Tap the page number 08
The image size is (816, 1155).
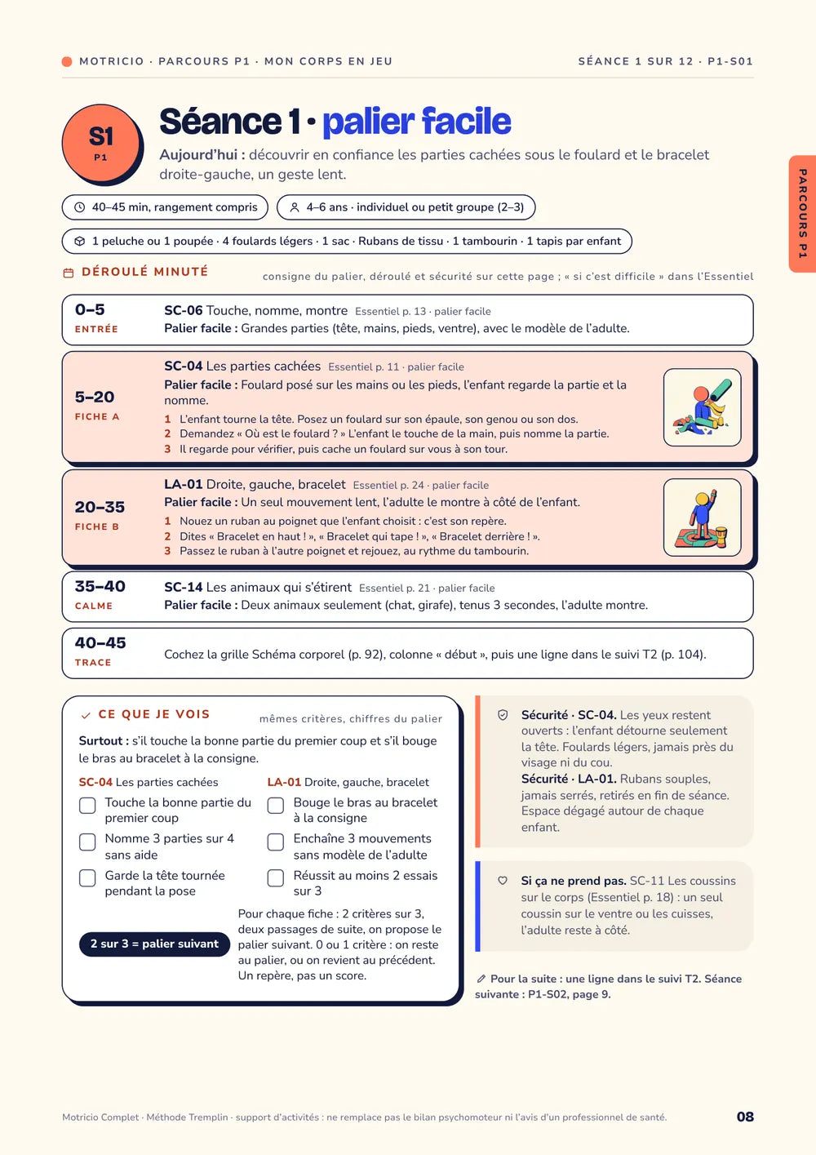pos(745,1117)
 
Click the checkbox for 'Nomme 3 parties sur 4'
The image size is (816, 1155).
pos(87,842)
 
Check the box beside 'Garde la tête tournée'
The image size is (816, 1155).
pos(87,878)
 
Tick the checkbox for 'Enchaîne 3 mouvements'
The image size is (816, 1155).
pos(275,842)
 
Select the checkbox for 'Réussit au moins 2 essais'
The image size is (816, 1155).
pos(275,878)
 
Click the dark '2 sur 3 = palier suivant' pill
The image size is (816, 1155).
pos(154,944)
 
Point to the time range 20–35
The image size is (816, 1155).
pos(100,507)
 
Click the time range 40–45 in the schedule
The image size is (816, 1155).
pos(100,642)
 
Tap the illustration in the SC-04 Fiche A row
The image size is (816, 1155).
pos(702,406)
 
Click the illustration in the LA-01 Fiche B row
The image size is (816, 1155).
pos(702,518)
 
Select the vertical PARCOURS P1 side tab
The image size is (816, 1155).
pos(802,214)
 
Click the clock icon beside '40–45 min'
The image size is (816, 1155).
pos(79,207)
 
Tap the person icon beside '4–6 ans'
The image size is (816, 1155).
pos(295,207)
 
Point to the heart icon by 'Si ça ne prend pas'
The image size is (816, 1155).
pos(503,881)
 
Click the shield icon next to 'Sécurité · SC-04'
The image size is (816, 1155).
pos(503,715)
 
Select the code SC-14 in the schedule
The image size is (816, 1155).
pos(183,588)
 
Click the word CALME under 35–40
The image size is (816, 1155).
pos(93,606)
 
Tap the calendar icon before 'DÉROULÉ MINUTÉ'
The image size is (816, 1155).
pos(68,273)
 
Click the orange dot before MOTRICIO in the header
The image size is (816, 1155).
pos(66,62)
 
